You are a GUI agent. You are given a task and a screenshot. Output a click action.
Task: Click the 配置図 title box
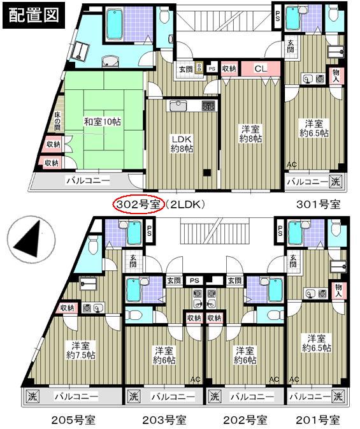tap(32, 15)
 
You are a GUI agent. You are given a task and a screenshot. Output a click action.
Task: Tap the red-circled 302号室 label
tap(138, 204)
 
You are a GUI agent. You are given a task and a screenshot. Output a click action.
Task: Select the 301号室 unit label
tap(317, 204)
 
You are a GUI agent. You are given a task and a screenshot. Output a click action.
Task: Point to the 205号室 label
tap(74, 420)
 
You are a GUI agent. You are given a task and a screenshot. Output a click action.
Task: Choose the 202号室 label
tap(245, 420)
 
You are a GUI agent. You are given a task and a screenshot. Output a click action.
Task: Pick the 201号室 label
tap(318, 420)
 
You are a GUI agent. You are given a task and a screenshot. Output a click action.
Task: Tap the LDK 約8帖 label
tap(182, 143)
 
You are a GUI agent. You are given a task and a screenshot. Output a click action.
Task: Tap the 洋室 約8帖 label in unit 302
tap(251, 133)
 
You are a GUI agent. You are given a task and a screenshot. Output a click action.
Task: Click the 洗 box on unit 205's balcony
tap(31, 396)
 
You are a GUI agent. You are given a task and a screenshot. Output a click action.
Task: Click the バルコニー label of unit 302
tap(87, 180)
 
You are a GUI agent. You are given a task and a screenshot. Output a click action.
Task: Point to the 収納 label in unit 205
tap(68, 308)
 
